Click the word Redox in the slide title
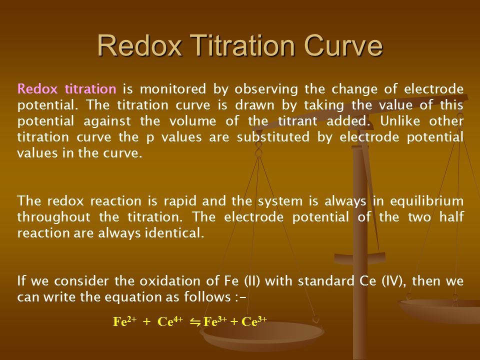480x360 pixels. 139,45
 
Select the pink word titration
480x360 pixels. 90,89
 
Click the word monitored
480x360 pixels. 173,89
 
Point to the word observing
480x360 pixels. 266,89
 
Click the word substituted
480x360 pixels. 273,137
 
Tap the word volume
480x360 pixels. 192,121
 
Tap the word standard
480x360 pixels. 325,281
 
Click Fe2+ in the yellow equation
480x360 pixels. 124,321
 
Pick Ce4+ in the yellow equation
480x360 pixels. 170,321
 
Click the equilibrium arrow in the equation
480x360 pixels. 195,322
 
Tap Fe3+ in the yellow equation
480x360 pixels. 215,321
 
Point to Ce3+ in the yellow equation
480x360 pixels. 254,321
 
